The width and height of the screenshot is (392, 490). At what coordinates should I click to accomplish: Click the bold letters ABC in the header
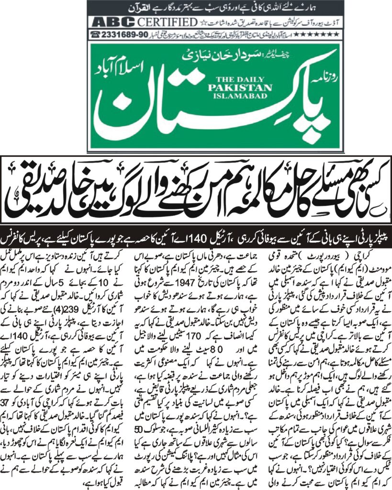click(x=113, y=22)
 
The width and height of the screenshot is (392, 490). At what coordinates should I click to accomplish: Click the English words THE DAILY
click(x=240, y=80)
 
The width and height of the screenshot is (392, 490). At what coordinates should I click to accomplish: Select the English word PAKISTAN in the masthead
click(x=240, y=88)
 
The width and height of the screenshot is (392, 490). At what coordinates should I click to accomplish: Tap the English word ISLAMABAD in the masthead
click(x=240, y=95)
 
